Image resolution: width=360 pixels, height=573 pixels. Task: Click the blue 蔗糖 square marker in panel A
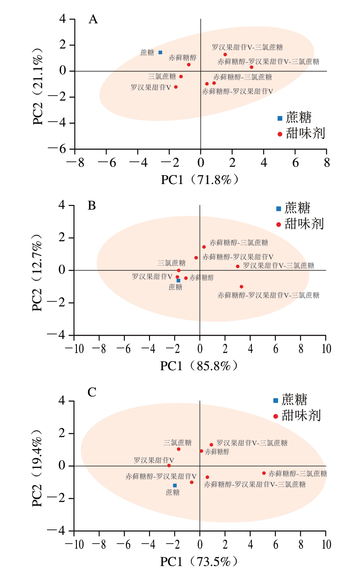pyautogui.click(x=160, y=53)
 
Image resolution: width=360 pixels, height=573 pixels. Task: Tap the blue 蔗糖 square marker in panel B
pyautogui.click(x=179, y=281)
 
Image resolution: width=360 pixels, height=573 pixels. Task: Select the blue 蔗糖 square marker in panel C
pyautogui.click(x=175, y=485)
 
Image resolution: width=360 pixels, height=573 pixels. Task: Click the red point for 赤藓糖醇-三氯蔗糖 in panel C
pyautogui.click(x=263, y=473)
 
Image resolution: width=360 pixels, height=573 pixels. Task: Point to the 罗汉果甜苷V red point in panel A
pyautogui.click(x=176, y=87)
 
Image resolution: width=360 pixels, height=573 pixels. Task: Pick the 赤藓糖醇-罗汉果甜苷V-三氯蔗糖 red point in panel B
pyautogui.click(x=241, y=286)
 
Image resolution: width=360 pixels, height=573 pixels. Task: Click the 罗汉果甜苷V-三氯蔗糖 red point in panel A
pyautogui.click(x=225, y=55)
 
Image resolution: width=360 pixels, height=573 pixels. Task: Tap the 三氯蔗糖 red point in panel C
pyautogui.click(x=179, y=449)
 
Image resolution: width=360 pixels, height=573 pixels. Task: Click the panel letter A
pyautogui.click(x=93, y=19)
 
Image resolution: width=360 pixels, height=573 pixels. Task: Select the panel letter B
pyautogui.click(x=91, y=205)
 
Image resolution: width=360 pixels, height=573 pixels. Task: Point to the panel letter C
pyautogui.click(x=92, y=392)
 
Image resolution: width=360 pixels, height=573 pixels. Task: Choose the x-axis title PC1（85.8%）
pyautogui.click(x=199, y=366)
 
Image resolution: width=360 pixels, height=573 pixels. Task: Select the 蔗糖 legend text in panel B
pyautogui.click(x=298, y=208)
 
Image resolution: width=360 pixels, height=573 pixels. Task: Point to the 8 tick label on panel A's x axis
pyautogui.click(x=327, y=163)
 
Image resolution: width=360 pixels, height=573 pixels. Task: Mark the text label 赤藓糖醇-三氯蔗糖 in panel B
pyautogui.click(x=239, y=243)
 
